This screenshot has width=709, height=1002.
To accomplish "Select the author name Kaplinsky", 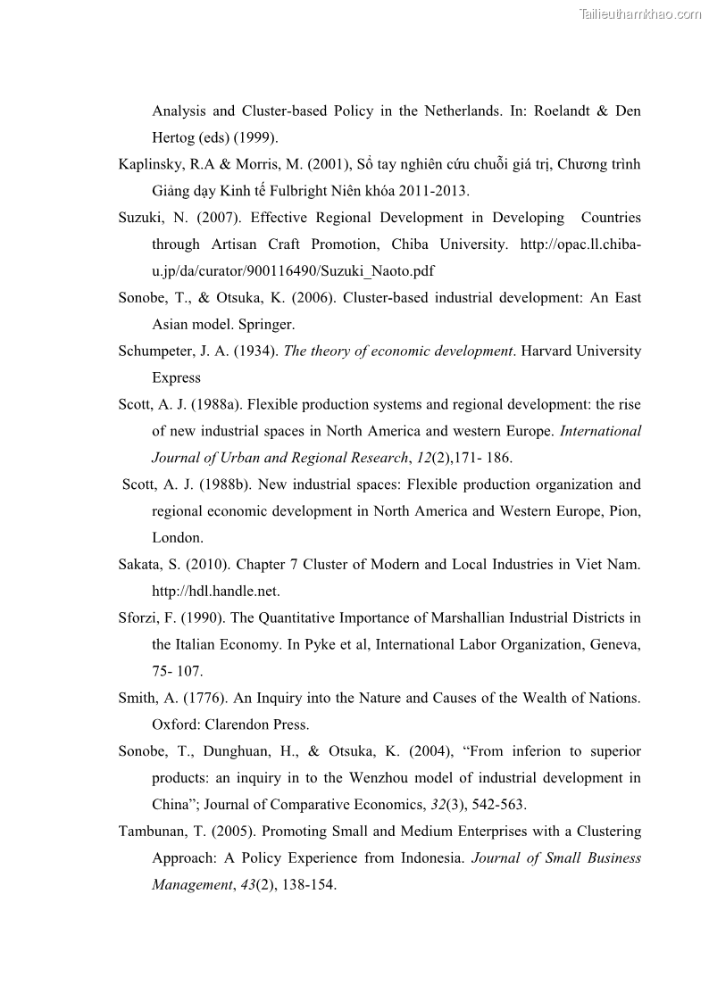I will (x=149, y=165).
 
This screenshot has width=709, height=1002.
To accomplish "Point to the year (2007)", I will (x=214, y=218).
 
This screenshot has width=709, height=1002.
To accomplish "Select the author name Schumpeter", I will (x=155, y=351).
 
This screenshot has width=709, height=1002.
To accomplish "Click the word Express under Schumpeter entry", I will (x=176, y=377).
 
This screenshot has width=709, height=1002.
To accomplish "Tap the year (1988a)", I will (x=215, y=404).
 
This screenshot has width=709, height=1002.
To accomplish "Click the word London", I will (x=177, y=538).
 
